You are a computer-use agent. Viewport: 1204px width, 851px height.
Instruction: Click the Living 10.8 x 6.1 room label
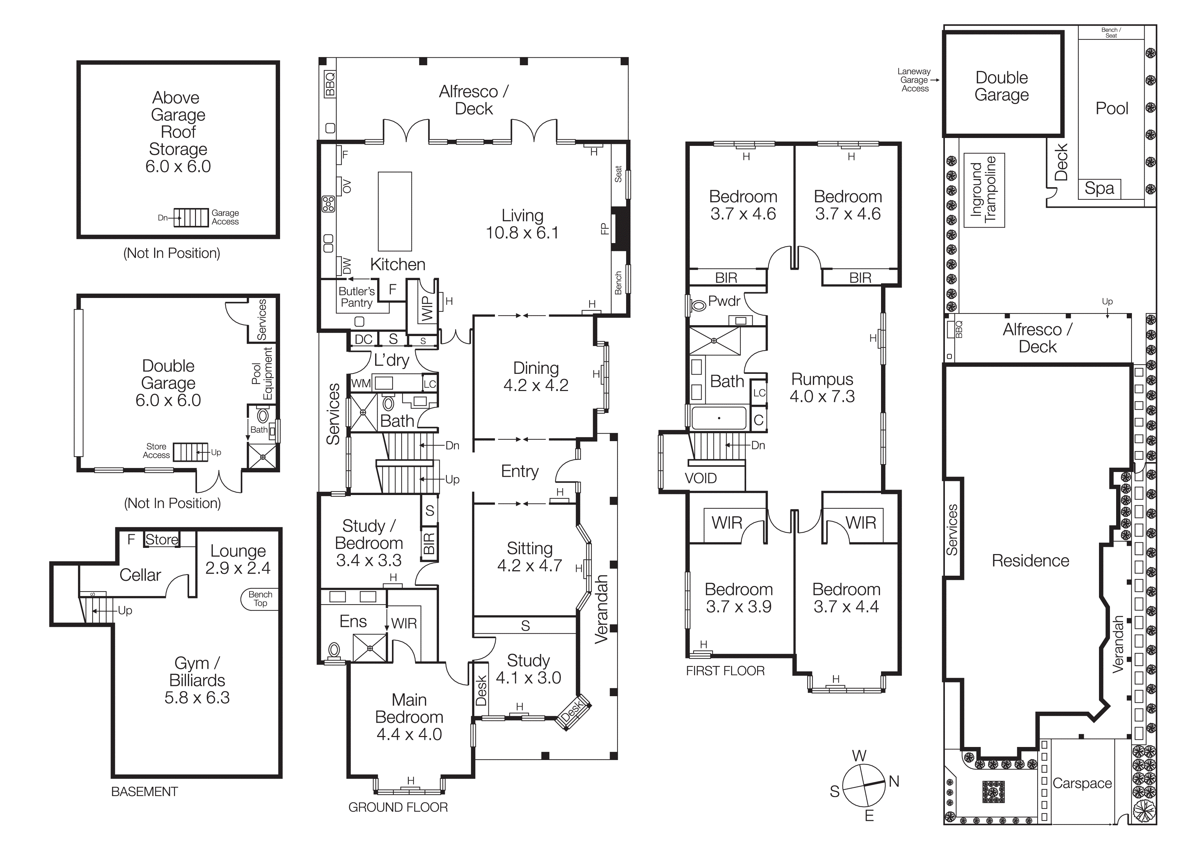tap(522, 224)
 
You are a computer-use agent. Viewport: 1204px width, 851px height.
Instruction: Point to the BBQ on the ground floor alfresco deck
tap(329, 84)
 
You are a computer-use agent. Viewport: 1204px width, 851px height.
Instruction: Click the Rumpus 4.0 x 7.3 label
tap(822, 388)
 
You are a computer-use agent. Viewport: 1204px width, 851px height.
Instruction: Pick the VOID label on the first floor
tap(700, 478)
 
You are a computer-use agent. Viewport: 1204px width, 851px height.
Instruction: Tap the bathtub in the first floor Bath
tap(718, 418)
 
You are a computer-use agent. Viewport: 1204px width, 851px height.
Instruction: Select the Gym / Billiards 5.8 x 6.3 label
tap(197, 680)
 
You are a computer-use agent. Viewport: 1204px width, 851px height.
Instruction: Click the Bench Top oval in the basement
tap(260, 599)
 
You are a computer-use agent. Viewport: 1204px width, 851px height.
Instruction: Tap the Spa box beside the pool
tap(1099, 188)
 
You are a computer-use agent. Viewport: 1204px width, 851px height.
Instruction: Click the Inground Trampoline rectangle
tap(984, 190)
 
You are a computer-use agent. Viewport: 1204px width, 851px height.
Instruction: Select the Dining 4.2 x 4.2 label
tap(535, 377)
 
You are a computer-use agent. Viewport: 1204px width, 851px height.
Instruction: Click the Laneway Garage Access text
tap(914, 80)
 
